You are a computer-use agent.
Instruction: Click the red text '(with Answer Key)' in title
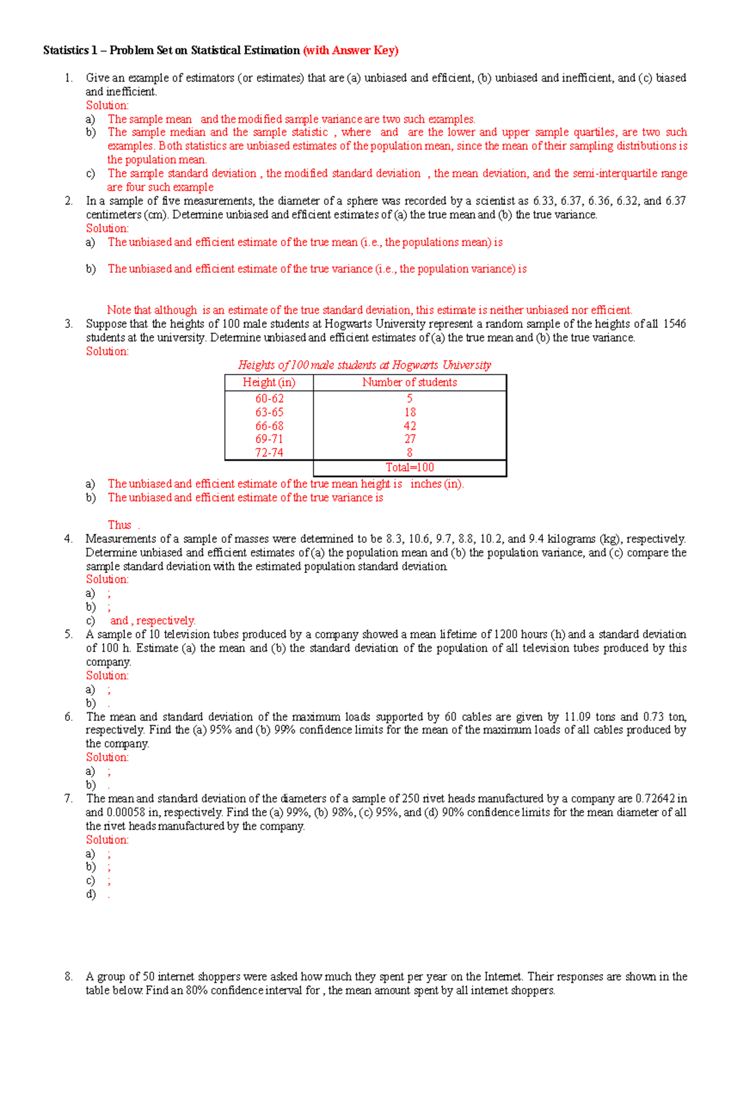pyautogui.click(x=350, y=51)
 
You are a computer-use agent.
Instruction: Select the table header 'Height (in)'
pyautogui.click(x=269, y=383)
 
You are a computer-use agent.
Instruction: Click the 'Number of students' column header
pyautogui.click(x=409, y=383)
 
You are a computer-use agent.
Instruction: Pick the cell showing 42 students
pyautogui.click(x=409, y=426)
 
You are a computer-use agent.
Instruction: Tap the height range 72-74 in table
pyautogui.click(x=269, y=453)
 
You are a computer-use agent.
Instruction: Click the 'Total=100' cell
pyautogui.click(x=409, y=468)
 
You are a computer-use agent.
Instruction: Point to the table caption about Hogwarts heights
pyautogui.click(x=364, y=365)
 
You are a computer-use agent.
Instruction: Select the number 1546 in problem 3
pyautogui.click(x=674, y=324)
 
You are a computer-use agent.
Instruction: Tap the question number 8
pyautogui.click(x=69, y=977)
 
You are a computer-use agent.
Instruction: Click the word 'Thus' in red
pyautogui.click(x=119, y=525)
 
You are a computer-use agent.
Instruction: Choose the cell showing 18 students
pyautogui.click(x=409, y=412)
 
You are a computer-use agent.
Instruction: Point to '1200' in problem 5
pyautogui.click(x=505, y=634)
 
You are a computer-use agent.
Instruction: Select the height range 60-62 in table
pyautogui.click(x=269, y=398)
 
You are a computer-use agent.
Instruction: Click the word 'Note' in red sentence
pyautogui.click(x=119, y=310)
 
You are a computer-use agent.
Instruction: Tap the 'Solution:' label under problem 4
pyautogui.click(x=107, y=579)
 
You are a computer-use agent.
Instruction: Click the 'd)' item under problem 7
pyautogui.click(x=91, y=894)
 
